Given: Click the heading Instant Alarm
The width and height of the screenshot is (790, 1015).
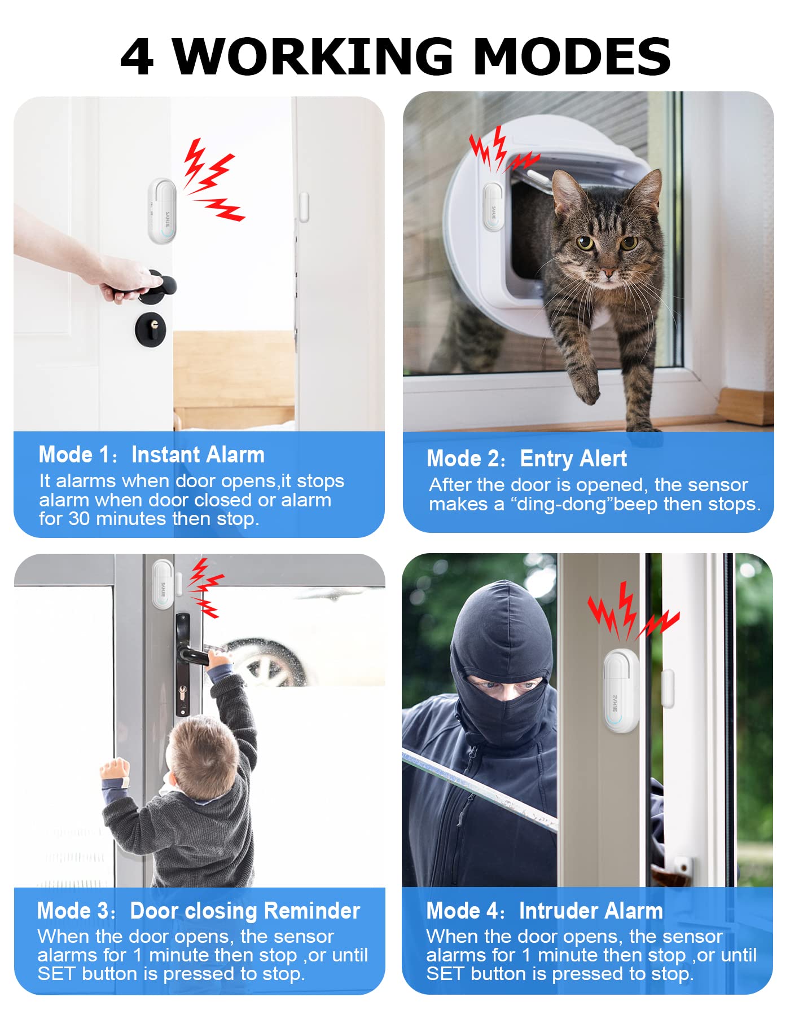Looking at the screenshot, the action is (198, 454).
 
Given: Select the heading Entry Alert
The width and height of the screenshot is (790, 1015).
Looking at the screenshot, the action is (573, 458).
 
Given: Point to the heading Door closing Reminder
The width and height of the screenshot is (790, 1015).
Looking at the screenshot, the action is (245, 911).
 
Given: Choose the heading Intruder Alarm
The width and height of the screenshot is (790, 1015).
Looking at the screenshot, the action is (591, 911).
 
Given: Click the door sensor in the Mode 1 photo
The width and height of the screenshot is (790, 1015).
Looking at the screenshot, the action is (162, 211).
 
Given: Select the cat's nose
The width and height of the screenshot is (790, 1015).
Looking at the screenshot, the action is (608, 273).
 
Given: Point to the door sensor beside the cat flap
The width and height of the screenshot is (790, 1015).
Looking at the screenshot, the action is (493, 206).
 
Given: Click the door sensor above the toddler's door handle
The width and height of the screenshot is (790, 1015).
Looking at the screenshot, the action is (163, 585).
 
